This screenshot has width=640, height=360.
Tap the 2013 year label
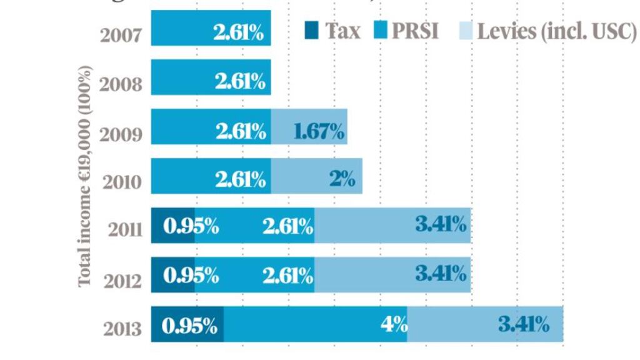[121, 328]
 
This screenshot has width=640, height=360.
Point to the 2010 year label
[121, 182]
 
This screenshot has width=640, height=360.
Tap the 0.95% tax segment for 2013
[187, 324]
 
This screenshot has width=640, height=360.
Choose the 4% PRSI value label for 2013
[396, 325]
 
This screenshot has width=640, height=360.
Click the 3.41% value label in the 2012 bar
[441, 273]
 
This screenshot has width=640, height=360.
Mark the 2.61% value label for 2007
[239, 33]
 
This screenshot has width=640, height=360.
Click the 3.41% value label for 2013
[524, 324]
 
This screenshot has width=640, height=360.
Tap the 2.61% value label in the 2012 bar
[287, 274]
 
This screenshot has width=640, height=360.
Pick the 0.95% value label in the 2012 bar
[191, 274]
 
